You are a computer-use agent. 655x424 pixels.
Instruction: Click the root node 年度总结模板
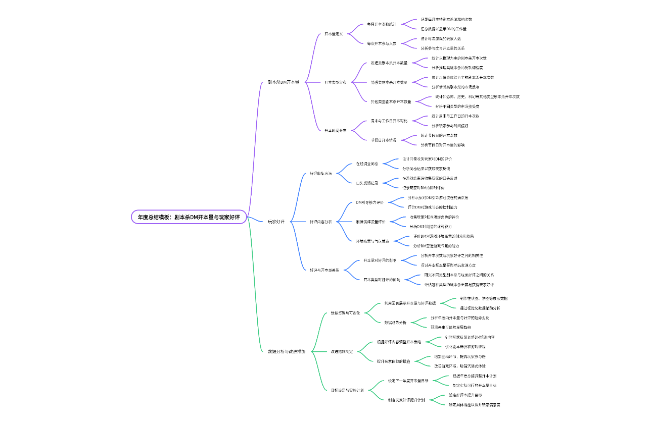[189, 217]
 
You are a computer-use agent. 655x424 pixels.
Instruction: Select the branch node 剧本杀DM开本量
[283, 82]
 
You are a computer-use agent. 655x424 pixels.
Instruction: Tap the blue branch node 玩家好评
[276, 222]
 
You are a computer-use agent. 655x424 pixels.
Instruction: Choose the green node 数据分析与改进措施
[286, 351]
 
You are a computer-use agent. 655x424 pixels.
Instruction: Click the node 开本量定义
[334, 34]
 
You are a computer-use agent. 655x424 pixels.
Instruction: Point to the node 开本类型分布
[336, 82]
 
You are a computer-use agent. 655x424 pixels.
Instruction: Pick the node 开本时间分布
[336, 130]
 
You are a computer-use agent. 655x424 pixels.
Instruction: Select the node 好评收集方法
[321, 174]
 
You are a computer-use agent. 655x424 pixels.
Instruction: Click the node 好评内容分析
[321, 222]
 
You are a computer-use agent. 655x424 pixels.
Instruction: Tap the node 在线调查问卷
[367, 164]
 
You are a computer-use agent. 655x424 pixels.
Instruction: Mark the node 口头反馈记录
[367, 183]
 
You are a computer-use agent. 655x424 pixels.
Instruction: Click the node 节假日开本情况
[384, 140]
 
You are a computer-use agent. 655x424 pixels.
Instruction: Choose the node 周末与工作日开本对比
[389, 121]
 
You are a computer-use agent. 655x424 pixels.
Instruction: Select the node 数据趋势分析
[395, 322]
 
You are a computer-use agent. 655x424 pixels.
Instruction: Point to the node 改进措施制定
[342, 351]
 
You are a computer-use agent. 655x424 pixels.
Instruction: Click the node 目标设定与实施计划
[347, 390]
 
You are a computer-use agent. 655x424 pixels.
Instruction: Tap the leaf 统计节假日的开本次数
[439, 135]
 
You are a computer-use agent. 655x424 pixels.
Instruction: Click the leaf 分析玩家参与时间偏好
[450, 126]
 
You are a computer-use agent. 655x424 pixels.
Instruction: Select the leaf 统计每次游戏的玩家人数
[441, 38]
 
